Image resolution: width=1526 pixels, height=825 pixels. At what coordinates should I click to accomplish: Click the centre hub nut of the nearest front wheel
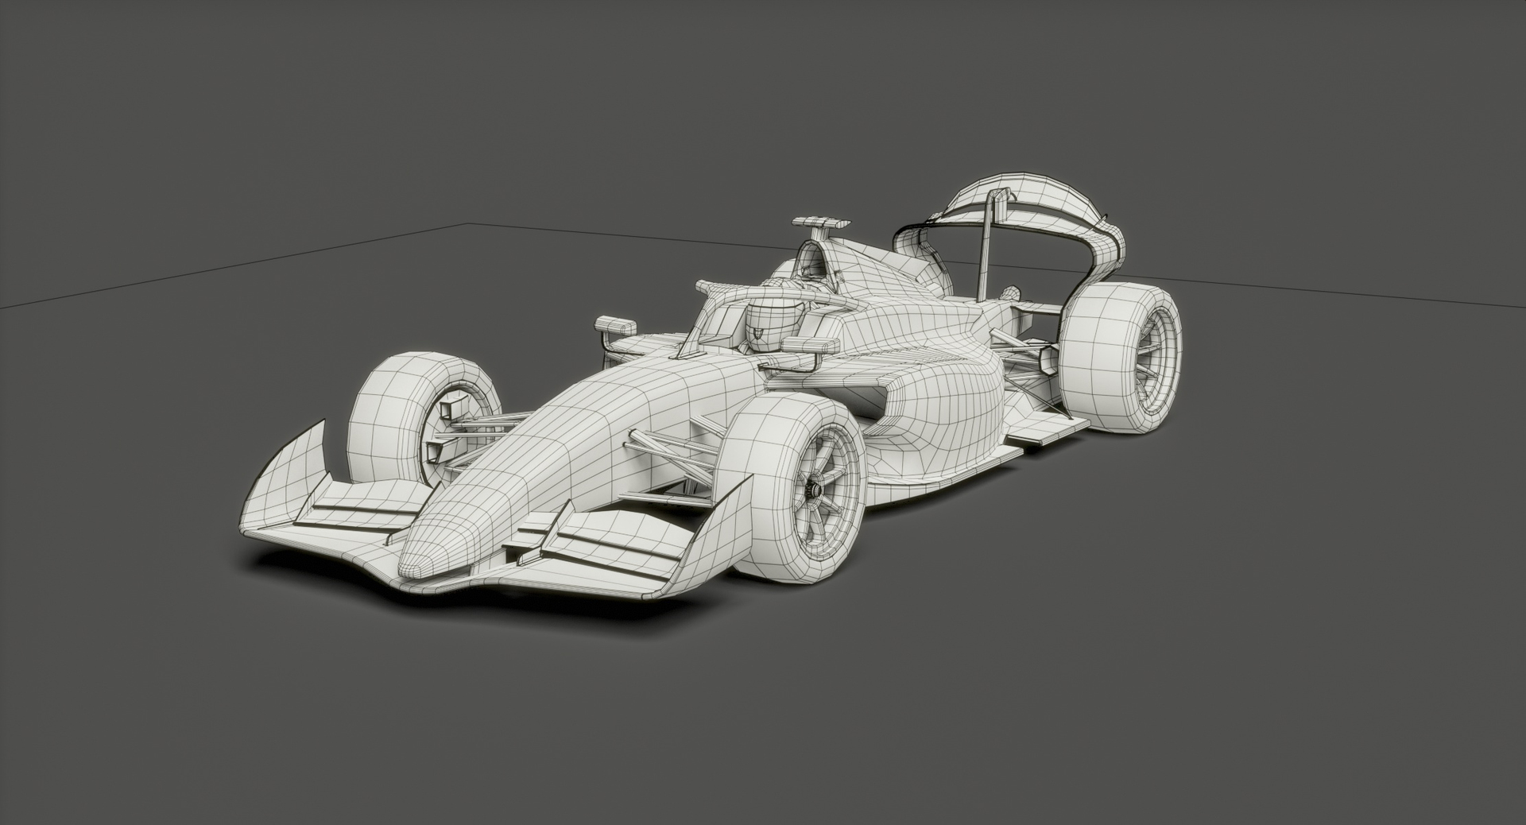coord(813,490)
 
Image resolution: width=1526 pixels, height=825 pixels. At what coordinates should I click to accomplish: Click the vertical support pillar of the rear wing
coord(986,246)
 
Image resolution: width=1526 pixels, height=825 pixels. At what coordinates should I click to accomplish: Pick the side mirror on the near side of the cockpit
coord(810,346)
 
